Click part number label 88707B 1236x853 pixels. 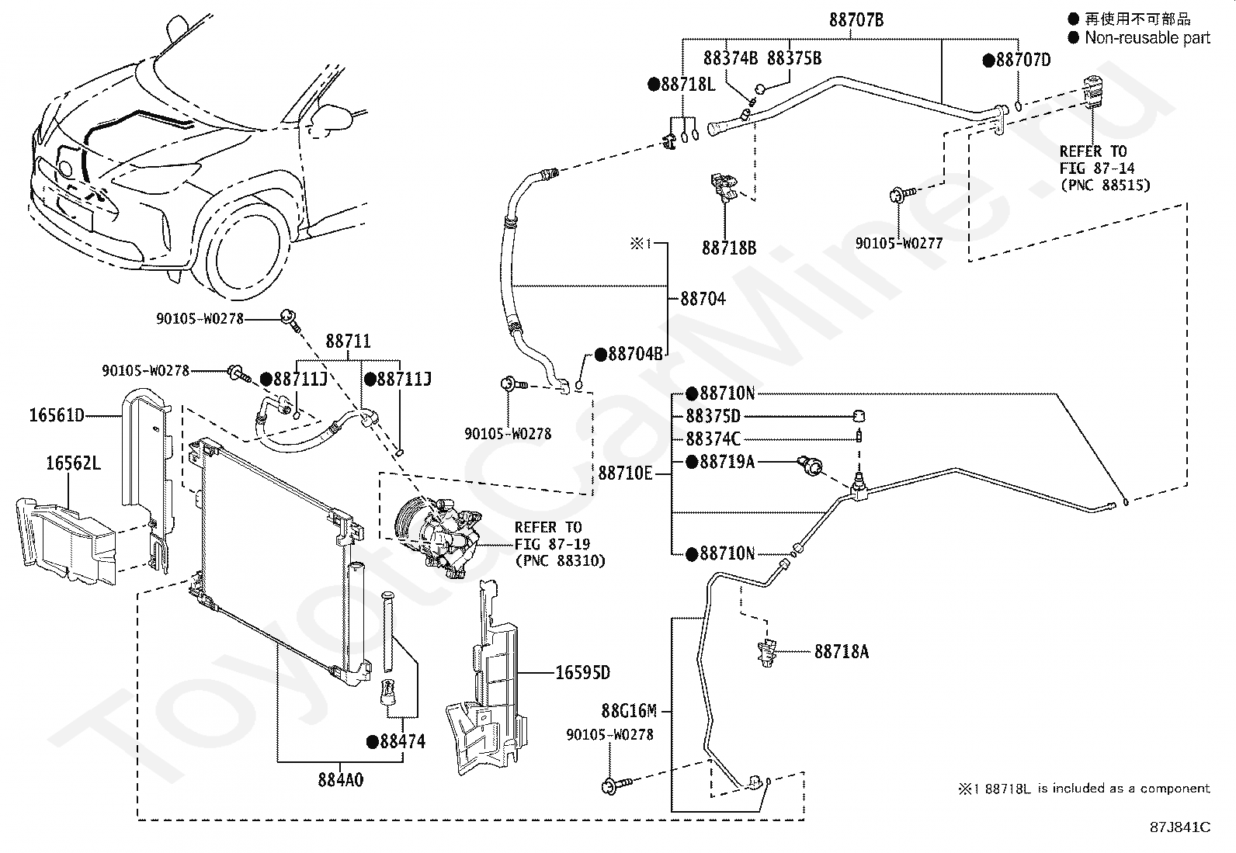(x=856, y=20)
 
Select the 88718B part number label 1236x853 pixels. (x=729, y=248)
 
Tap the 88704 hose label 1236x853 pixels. (x=703, y=299)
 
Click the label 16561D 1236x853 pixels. (x=57, y=415)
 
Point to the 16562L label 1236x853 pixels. (x=74, y=463)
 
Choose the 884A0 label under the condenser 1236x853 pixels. (x=341, y=779)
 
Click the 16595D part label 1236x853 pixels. (x=583, y=673)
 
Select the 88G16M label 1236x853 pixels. (x=629, y=711)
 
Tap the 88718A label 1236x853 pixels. (x=842, y=652)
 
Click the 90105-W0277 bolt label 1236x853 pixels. (x=899, y=243)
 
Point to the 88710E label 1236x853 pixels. (x=625, y=473)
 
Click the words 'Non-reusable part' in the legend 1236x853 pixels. (x=1147, y=38)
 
